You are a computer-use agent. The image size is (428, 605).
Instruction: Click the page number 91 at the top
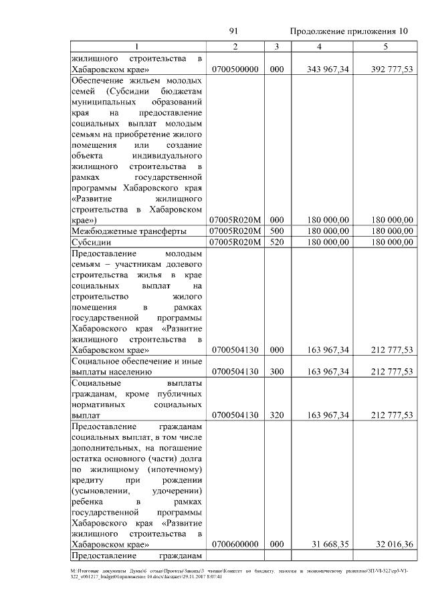click(x=234, y=31)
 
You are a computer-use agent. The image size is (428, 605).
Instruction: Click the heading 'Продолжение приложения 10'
click(x=348, y=31)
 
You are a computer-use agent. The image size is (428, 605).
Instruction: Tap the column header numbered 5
click(x=385, y=45)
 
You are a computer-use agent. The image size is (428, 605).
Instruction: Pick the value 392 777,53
click(x=390, y=70)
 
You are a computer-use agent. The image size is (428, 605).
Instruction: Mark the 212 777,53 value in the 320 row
click(x=390, y=415)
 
